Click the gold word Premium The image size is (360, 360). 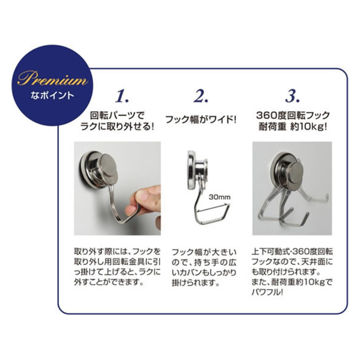click(x=52, y=78)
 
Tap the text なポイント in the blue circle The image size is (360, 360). click(x=52, y=95)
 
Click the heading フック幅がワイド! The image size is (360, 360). click(x=200, y=119)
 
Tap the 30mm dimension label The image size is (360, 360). click(x=219, y=197)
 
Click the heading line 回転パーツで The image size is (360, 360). click(x=117, y=116)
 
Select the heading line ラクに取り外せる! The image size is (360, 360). click(x=117, y=126)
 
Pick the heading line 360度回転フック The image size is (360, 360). click(x=293, y=116)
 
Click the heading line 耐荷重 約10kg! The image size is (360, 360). click(x=293, y=126)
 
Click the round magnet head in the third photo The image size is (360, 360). click(x=295, y=173)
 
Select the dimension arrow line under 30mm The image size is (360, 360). click(x=213, y=208)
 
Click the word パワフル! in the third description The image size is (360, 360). click(x=267, y=292)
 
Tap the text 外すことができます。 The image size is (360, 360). click(x=108, y=282)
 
